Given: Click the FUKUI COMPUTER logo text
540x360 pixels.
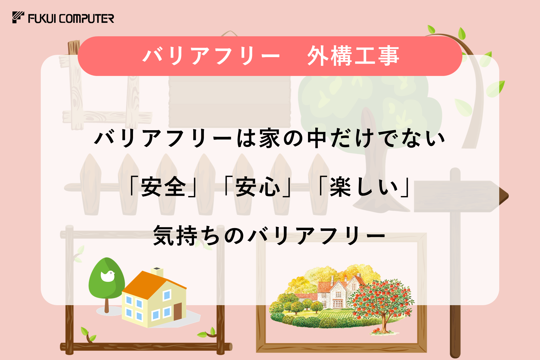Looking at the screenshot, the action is tap(71, 19).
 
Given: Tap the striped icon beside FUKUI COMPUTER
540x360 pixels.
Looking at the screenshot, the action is tap(18, 17).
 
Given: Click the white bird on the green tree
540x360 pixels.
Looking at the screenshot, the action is tap(108, 276).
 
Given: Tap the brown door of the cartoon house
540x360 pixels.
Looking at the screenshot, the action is tap(177, 311).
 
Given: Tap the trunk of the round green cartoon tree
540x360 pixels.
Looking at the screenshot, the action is tap(107, 305).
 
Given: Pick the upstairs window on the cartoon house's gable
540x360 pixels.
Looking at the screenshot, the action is tap(167, 295).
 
